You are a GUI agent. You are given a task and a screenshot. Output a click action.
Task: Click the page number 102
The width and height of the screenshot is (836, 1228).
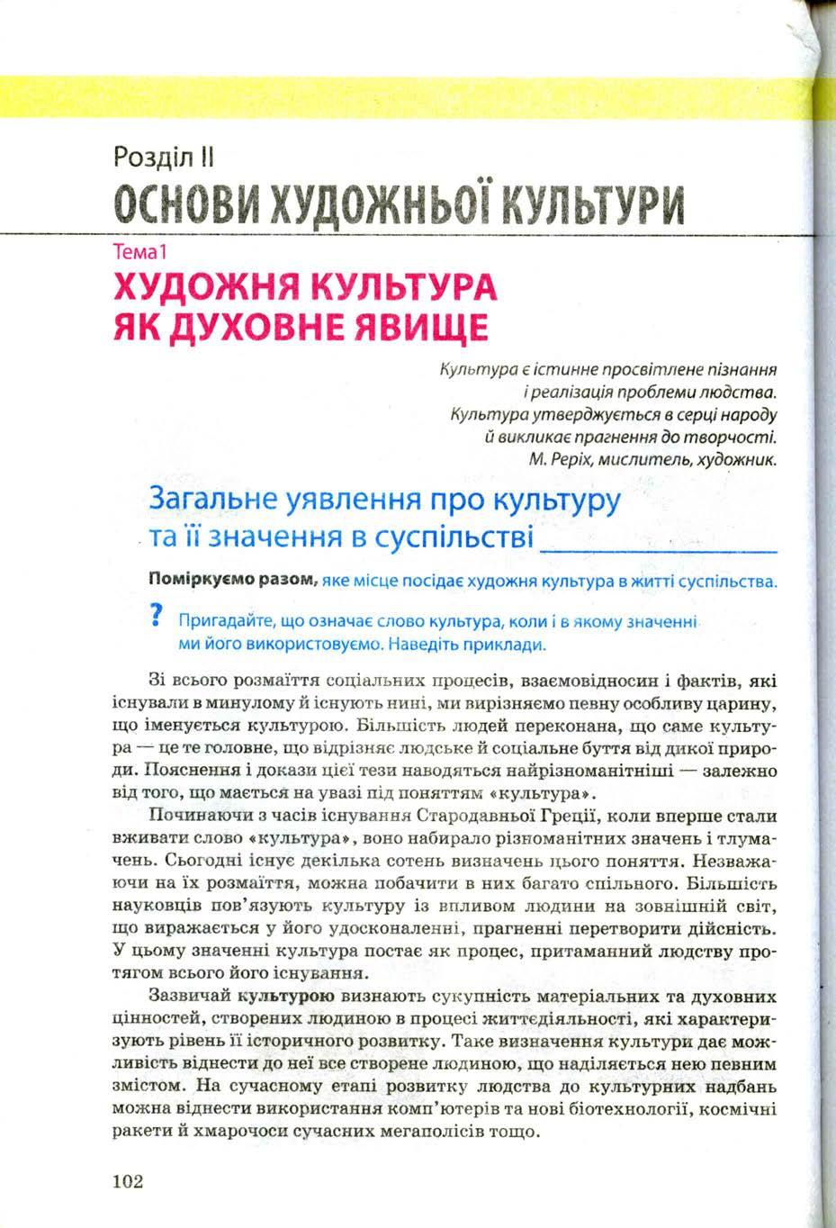click(129, 1181)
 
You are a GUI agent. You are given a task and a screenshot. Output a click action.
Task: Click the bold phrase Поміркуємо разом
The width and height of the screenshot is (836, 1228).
click(231, 582)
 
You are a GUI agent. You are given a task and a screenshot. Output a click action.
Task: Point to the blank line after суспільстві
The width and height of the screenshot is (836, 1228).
click(656, 544)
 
